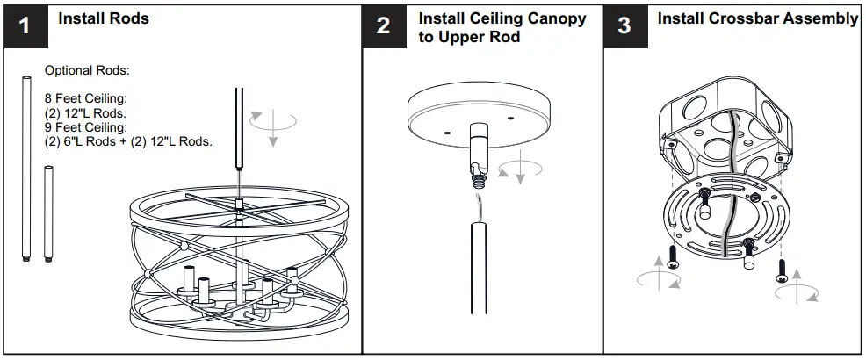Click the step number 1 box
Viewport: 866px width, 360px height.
25,25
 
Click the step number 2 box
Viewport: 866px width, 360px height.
384,25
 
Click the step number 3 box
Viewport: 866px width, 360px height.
624,25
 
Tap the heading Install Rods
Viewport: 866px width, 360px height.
104,18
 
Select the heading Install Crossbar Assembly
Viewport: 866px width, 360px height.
758,18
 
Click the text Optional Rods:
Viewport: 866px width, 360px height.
87,70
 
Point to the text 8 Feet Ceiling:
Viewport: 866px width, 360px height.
86,97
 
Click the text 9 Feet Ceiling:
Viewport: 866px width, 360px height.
86,126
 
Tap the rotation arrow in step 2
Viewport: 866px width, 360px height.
520,168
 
